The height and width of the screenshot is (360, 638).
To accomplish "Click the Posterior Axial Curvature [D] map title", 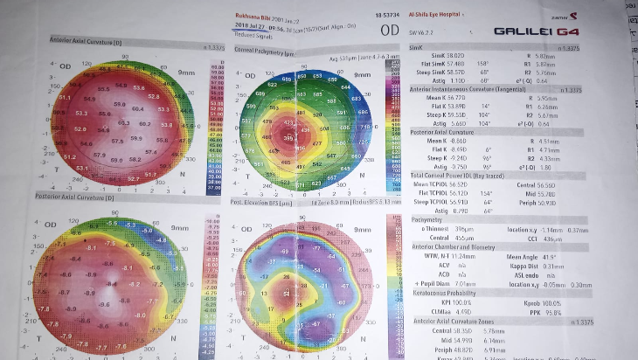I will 83,199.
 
